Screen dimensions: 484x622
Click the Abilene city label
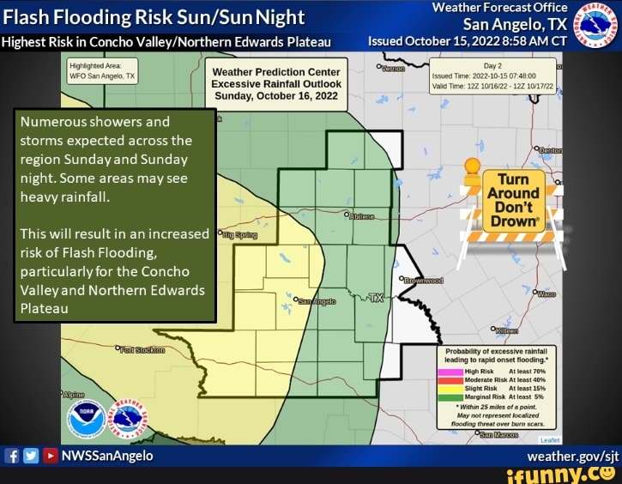361,217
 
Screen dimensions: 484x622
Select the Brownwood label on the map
424,281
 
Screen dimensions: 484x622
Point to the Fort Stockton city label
133,350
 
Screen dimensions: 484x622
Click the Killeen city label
505,330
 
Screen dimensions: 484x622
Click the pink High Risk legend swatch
450,372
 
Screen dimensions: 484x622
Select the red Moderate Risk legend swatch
450,379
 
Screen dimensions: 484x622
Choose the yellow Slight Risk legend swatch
450,388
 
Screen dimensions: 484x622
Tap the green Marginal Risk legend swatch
450,396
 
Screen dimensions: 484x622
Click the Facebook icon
13,456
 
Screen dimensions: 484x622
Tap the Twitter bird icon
30,456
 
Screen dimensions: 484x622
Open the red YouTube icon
49,456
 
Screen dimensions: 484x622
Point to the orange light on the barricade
472,166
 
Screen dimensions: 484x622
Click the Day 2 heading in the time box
492,66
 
